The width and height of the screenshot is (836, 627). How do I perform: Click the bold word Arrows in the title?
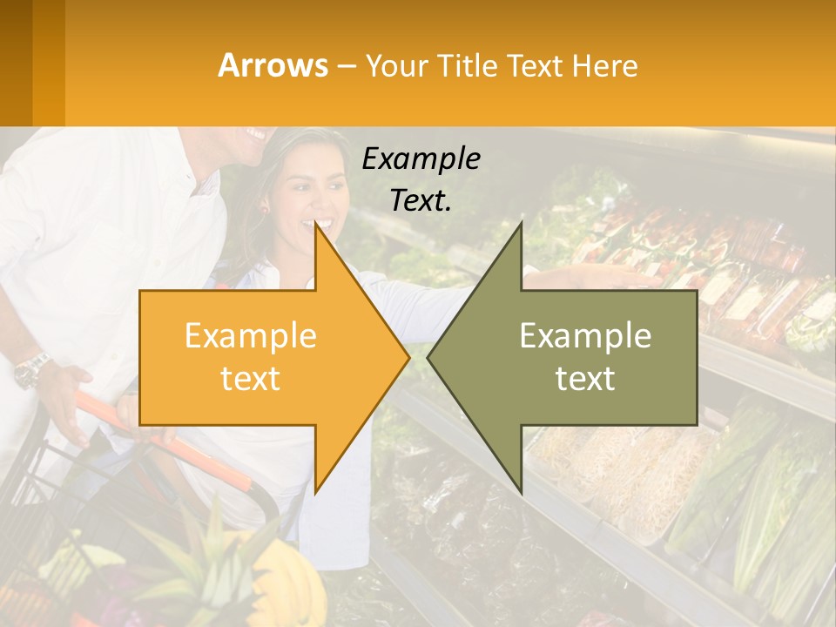(273, 65)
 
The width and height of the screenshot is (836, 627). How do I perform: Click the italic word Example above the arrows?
(421, 158)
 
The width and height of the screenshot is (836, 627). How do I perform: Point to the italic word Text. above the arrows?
(421, 200)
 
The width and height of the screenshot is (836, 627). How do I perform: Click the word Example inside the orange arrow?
(251, 335)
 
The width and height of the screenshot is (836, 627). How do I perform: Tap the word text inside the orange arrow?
(251, 378)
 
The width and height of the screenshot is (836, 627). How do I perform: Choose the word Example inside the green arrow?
(585, 335)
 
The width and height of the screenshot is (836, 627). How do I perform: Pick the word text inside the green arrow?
(585, 378)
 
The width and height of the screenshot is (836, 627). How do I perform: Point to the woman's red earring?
(264, 208)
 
